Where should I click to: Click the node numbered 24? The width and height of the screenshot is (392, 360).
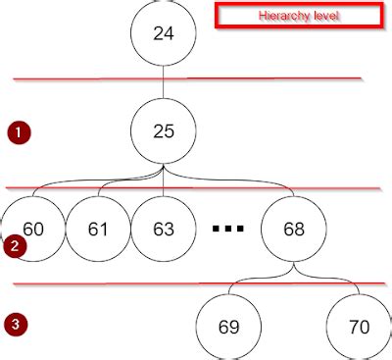164,33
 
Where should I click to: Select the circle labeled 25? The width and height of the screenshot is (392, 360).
164,130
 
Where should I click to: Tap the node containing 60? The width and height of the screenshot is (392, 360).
32,229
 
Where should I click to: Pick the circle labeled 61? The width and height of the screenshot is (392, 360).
98,229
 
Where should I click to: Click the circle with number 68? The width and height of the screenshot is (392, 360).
293,229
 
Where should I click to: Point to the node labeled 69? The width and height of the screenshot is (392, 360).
229,327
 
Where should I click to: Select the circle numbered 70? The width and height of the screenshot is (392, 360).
359,327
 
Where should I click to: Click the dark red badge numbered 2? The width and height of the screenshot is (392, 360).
14,246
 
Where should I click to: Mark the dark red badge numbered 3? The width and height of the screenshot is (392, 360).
15,323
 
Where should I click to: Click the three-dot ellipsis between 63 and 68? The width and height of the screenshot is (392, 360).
228,230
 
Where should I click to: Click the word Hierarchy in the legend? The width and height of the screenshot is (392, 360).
280,17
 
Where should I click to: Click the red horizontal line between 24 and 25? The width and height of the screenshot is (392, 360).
98,79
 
